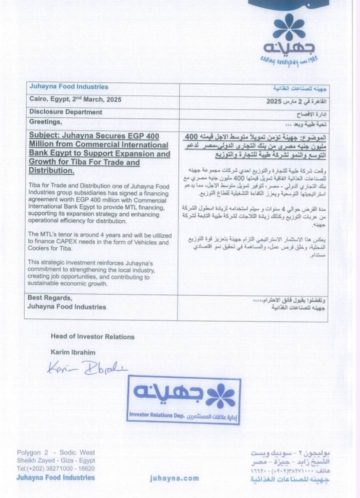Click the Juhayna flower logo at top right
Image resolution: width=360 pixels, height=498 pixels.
point(288,27)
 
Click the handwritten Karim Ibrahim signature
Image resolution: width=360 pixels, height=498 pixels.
point(86,368)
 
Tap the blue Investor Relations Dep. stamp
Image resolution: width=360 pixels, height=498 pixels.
point(183,400)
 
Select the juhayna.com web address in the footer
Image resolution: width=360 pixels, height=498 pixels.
point(174,479)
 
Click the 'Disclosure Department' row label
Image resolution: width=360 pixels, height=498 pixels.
point(65,112)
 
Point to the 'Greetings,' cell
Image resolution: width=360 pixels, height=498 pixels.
point(45,122)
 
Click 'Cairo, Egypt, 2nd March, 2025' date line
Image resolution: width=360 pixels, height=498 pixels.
point(75,100)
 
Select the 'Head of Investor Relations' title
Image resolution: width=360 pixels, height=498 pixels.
point(92,337)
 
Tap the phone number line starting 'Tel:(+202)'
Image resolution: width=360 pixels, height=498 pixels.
point(55,469)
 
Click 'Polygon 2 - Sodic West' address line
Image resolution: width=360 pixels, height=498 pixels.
point(55,453)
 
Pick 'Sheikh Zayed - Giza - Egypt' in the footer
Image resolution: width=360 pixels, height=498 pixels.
point(55,461)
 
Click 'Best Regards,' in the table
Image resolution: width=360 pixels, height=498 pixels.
point(50,298)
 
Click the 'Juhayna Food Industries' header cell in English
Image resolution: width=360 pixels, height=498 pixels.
point(68,87)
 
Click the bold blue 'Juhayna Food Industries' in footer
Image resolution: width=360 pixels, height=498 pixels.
point(55,478)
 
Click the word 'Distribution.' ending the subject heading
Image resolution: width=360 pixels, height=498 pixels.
point(52,171)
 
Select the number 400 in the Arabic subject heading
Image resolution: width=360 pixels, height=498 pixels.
point(191,136)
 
